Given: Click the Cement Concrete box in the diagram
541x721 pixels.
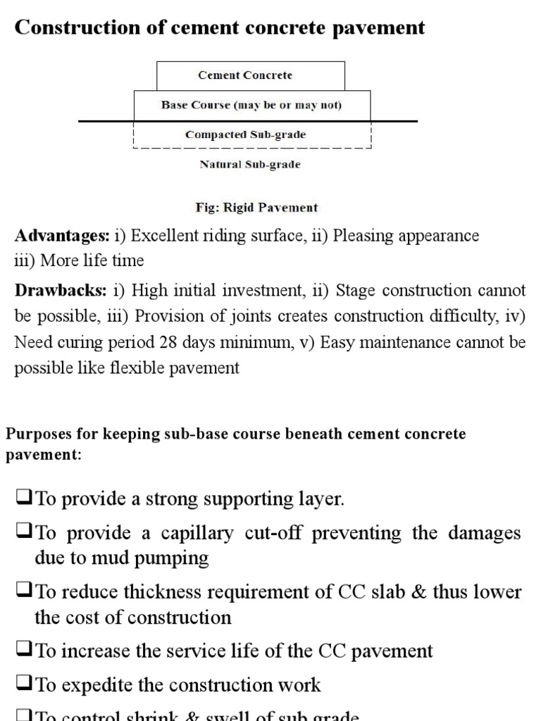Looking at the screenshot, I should pyautogui.click(x=250, y=75).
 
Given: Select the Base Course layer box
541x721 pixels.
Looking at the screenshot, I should pyautogui.click(x=251, y=105).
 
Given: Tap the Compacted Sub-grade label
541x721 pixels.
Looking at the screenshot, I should pyautogui.click(x=246, y=134).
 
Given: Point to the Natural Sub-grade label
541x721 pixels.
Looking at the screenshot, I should pyautogui.click(x=250, y=165).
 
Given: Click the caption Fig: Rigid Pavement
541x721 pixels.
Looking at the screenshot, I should pyautogui.click(x=256, y=208).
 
